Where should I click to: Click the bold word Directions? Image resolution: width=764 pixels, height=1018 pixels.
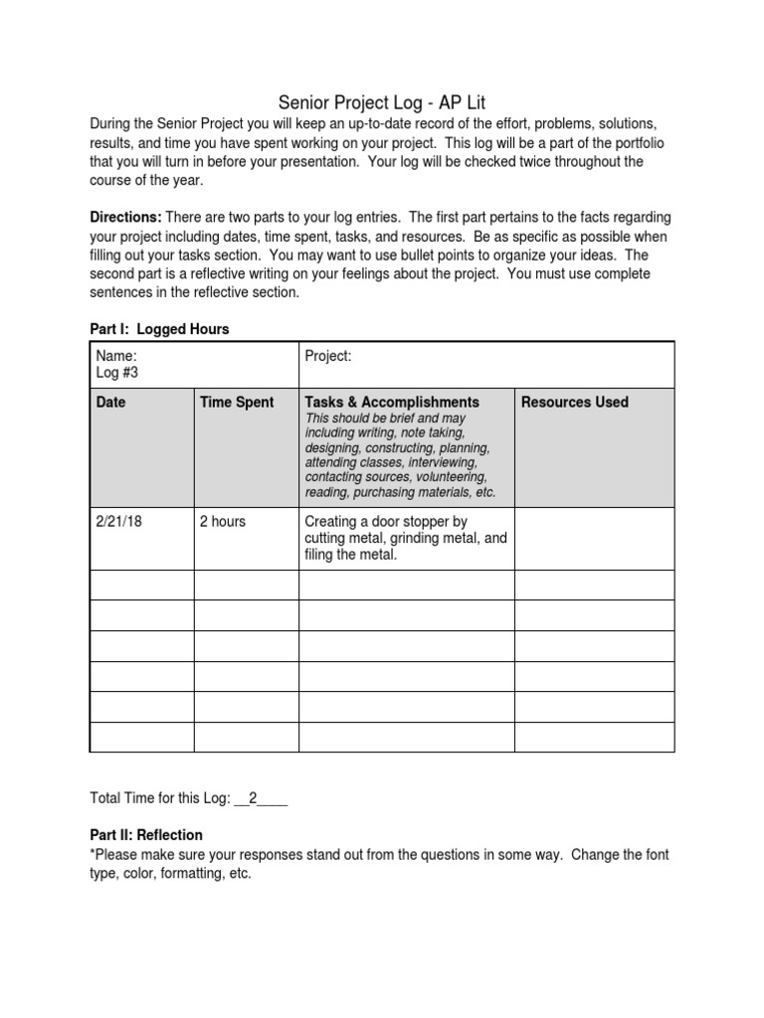point(125,218)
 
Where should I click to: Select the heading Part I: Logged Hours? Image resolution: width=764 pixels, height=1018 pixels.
point(159,329)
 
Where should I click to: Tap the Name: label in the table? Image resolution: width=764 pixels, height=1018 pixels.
point(115,355)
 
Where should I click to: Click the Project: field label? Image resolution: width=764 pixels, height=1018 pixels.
point(328,355)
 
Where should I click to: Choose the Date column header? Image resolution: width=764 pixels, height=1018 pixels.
point(111,402)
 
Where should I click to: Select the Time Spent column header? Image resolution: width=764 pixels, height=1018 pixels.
point(237,402)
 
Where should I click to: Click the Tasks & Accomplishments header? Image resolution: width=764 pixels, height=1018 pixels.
point(392,402)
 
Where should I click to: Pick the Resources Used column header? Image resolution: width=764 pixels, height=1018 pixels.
point(575,402)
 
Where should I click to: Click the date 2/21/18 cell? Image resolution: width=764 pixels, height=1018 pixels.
point(119,521)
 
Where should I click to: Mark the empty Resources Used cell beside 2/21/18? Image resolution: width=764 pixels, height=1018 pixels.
point(594,538)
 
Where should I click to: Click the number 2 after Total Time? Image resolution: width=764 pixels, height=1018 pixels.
point(253,797)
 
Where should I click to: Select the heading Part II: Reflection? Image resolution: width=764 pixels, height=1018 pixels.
point(146,835)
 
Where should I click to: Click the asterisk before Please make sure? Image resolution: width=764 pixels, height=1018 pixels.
point(93,854)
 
